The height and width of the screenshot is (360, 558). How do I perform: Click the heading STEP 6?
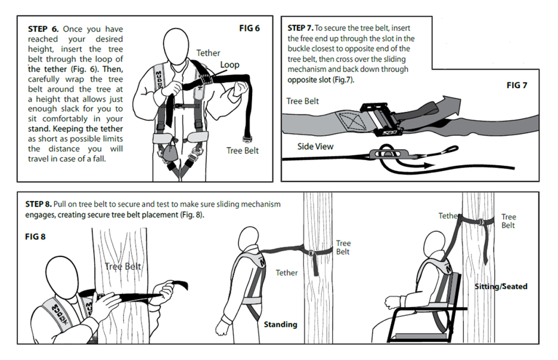point(42,29)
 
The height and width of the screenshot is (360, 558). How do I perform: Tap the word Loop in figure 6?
point(230,64)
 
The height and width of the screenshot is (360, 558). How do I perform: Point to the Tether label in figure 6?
point(208,53)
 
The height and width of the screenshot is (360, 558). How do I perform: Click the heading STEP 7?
point(300,28)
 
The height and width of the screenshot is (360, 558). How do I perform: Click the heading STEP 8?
point(39,204)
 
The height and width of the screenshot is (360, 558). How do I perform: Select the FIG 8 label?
point(36,237)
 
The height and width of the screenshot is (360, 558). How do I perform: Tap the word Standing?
point(280,324)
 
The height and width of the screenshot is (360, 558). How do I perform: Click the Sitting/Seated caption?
point(501,287)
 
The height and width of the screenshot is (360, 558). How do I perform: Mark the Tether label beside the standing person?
point(286,273)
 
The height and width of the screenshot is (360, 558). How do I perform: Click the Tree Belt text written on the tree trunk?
point(123,266)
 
